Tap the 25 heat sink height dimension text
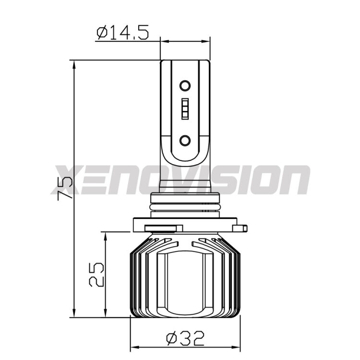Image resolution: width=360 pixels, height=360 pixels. (96, 274)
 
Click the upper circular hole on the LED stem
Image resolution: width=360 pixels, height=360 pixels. (185, 86)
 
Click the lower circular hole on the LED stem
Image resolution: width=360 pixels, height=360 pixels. (185, 140)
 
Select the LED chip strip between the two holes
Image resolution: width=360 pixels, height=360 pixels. (185, 109)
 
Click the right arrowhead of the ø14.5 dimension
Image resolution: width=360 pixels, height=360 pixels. (207, 41)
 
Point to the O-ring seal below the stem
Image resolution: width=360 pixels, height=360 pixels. (185, 206)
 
